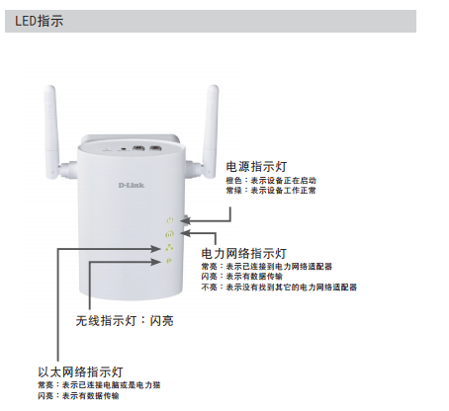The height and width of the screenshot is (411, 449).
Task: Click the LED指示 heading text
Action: tap(39, 21)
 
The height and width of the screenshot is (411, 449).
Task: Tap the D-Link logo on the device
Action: tap(132, 185)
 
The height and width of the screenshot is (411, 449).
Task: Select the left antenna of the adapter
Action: tap(52, 132)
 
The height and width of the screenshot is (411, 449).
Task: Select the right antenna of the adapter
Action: tap(209, 131)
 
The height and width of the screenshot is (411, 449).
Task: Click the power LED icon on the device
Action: tap(170, 220)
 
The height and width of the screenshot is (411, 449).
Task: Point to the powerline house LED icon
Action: tap(169, 234)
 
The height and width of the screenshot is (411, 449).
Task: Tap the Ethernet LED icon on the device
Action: tap(169, 248)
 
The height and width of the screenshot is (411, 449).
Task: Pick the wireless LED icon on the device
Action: tap(169, 262)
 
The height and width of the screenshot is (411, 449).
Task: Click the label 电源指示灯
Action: tap(256, 167)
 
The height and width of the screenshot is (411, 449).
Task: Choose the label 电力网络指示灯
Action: tap(244, 254)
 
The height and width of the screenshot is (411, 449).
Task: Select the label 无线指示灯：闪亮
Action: tap(125, 321)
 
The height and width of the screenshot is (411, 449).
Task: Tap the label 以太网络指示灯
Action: tap(80, 372)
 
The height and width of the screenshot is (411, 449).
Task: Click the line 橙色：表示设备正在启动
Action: tap(271, 181)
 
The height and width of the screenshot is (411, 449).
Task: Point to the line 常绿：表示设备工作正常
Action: tap(271, 191)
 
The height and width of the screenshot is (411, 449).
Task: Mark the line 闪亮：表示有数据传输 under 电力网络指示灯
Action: tap(242, 277)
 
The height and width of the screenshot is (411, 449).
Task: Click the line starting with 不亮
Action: tap(279, 288)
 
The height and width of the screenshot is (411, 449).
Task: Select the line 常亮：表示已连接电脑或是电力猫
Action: tap(99, 385)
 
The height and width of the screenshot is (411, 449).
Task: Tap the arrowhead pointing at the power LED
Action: tap(186, 220)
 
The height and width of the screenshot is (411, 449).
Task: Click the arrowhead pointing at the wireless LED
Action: tap(156, 262)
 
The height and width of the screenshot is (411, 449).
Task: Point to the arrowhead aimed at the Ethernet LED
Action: tap(155, 249)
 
